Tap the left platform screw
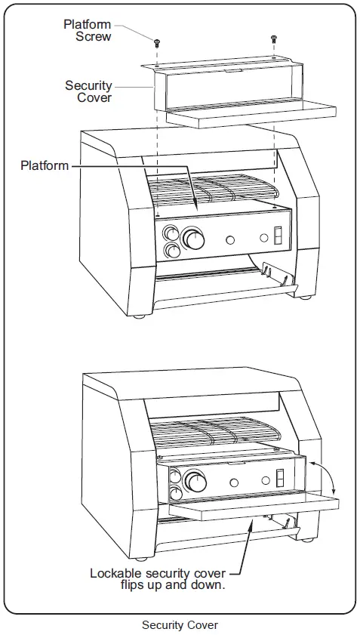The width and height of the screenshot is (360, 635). pyautogui.click(x=157, y=41)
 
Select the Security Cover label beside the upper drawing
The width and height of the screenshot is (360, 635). pyautogui.click(x=88, y=91)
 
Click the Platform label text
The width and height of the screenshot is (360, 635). pyautogui.click(x=45, y=165)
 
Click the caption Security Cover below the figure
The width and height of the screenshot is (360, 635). pyautogui.click(x=180, y=625)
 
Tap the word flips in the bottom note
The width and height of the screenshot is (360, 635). pyautogui.click(x=135, y=585)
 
